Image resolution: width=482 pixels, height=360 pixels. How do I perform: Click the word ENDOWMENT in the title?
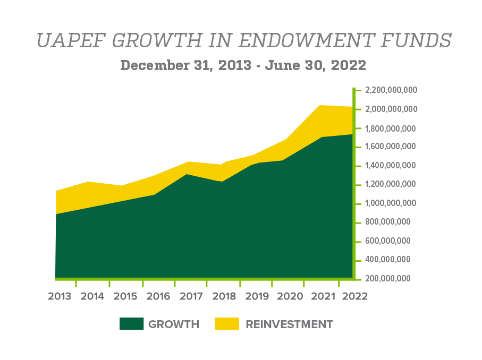click(x=307, y=41)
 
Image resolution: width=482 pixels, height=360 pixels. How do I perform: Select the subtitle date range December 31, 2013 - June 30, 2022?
click(x=243, y=65)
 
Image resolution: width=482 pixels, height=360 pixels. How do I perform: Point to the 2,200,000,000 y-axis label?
click(x=392, y=90)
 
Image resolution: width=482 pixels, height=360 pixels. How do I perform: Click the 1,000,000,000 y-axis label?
click(x=392, y=203)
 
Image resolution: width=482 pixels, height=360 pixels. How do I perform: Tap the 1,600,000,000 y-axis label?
click(x=392, y=147)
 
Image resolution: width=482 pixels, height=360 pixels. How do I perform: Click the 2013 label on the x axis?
click(x=59, y=296)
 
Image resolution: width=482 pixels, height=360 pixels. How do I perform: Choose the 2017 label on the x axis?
click(x=191, y=296)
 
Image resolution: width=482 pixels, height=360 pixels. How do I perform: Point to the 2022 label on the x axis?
click(x=354, y=296)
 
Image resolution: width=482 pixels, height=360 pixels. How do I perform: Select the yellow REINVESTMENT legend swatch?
click(x=227, y=324)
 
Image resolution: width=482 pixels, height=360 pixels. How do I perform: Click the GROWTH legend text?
click(x=174, y=324)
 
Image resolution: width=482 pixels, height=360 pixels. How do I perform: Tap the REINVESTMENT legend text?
click(x=290, y=324)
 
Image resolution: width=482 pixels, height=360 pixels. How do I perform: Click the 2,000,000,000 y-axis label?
click(x=392, y=109)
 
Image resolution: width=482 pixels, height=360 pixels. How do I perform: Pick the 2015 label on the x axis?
click(x=125, y=296)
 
